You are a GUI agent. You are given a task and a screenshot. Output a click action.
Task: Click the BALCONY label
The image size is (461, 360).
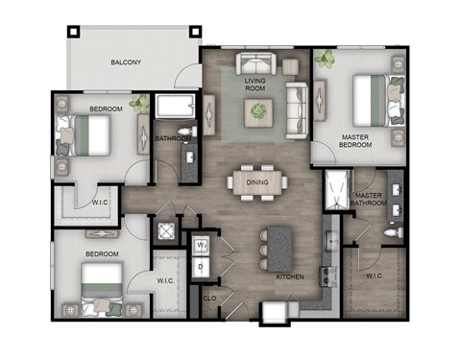pyautogui.click(x=126, y=63)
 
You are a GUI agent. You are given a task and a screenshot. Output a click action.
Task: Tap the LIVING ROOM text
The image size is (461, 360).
pyautogui.click(x=255, y=85)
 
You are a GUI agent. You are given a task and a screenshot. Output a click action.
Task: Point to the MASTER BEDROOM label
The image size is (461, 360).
pyautogui.click(x=356, y=142)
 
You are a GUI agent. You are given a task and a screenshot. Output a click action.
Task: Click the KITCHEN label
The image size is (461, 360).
pyautogui.click(x=290, y=276)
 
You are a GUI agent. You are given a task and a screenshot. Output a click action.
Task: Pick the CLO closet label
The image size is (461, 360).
pyautogui.click(x=210, y=299)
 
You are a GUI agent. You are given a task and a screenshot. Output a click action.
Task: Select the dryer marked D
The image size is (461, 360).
pyautogui.click(x=202, y=266)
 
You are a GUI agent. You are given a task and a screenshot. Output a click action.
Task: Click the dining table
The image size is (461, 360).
pyautogui.click(x=256, y=181)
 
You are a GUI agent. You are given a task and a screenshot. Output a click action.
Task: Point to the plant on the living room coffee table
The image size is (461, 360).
pyautogui.click(x=257, y=112)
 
